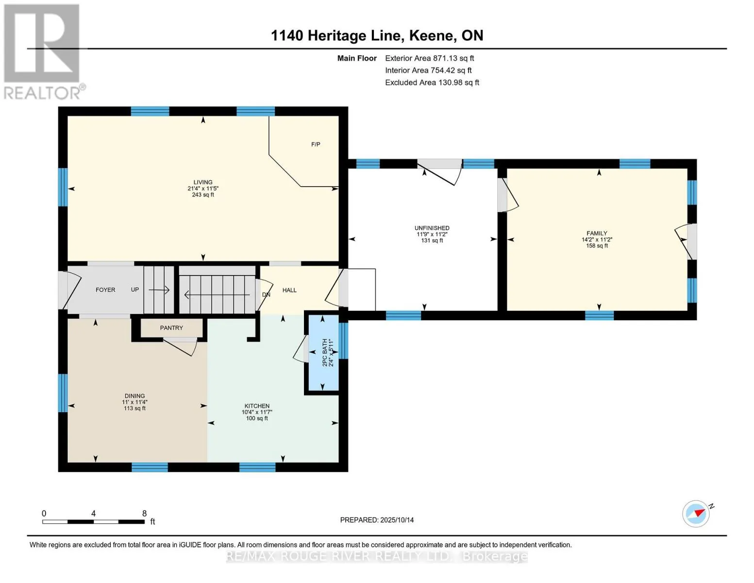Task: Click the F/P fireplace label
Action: pos(316,144)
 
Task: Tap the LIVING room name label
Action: pos(203,182)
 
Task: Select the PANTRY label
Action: pos(171,328)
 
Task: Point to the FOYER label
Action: pos(105,290)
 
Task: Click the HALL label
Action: pos(289,290)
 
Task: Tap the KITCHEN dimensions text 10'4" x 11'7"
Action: pos(257,412)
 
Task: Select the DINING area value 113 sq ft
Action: pos(134,408)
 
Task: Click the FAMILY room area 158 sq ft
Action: pos(597,246)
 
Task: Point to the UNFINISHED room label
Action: pos(432,228)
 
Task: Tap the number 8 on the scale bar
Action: pos(144,513)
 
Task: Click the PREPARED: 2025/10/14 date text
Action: pos(377,520)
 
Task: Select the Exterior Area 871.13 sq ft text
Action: pos(429,58)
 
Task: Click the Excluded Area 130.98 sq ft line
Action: pos(432,83)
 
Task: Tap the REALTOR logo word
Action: pos(42,93)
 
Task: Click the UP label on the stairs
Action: pos(135,290)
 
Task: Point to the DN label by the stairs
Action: pos(266,294)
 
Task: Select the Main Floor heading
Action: pos(357,58)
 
